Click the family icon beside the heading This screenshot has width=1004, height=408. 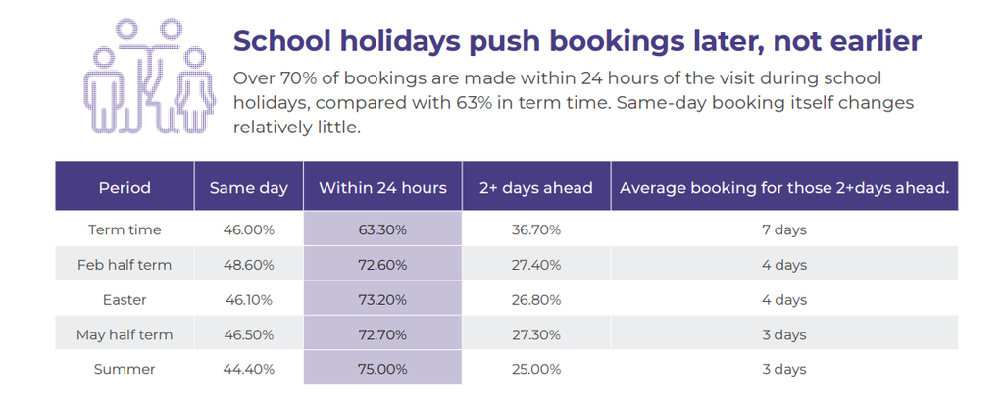coord(149,76)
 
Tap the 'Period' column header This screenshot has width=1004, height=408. coord(125,188)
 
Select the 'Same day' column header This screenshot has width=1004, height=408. coord(248,188)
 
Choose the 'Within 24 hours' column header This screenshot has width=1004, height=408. coord(382,188)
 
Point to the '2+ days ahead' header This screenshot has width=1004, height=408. coord(536,188)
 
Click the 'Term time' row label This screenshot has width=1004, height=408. coord(125,229)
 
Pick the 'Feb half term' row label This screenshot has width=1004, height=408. coord(125,265)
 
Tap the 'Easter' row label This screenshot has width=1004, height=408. coord(125,300)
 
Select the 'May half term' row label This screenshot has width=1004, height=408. coord(125,334)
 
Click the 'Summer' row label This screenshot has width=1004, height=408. coord(125,369)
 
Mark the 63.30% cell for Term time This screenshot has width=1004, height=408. coord(382,229)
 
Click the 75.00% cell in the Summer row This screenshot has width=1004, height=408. coord(382,369)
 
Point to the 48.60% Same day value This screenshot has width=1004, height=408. coord(248,265)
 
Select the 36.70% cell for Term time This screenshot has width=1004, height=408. coord(536,229)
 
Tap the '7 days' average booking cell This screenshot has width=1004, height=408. coord(784,229)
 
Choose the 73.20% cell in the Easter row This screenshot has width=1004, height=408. coord(382,300)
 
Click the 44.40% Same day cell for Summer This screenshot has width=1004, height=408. coord(248,369)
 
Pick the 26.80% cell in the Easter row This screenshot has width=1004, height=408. coord(536,300)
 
